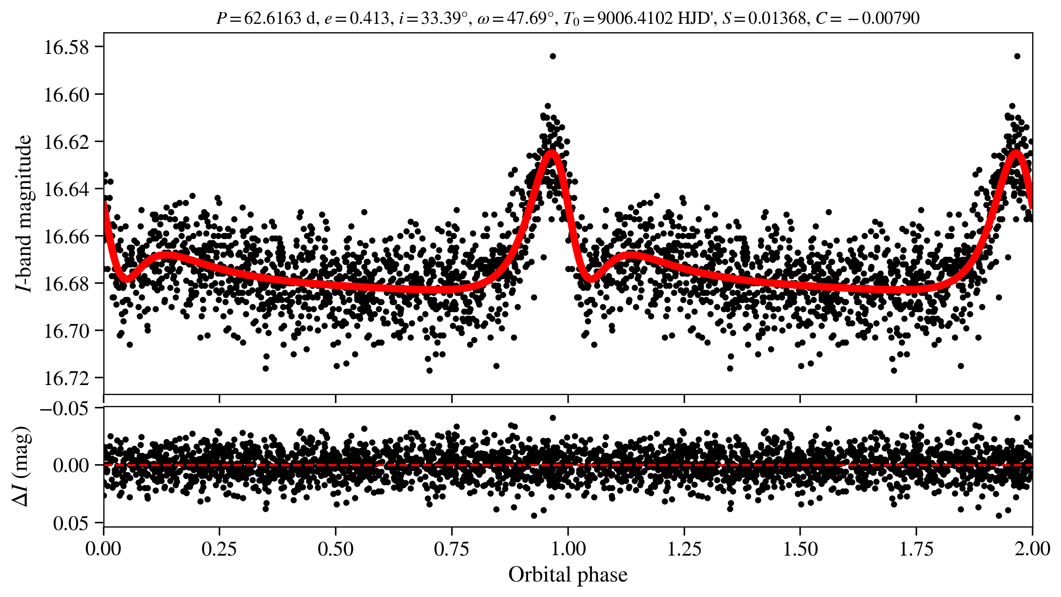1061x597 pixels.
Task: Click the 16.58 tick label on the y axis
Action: pos(67,47)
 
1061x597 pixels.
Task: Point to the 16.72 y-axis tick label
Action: pos(67,378)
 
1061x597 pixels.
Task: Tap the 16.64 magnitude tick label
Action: pos(67,189)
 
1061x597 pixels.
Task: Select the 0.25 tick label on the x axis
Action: pos(219,549)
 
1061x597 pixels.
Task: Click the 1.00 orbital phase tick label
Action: pos(568,549)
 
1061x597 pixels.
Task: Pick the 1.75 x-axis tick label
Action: pos(916,549)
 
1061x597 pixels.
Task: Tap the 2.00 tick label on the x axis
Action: pos(1032,549)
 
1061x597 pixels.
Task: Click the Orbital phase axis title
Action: pos(568,575)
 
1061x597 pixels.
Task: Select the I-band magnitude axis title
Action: pos(24,213)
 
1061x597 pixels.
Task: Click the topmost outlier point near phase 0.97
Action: pos(553,56)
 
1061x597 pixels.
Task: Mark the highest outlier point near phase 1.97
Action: pos(1017,56)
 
